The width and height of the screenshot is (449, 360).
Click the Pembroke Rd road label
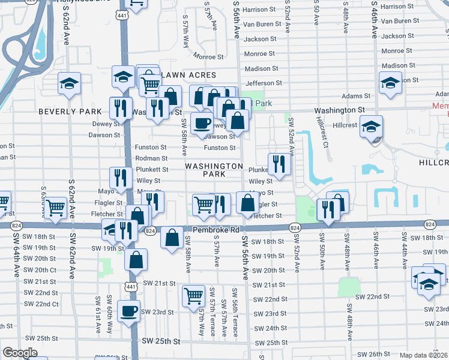point(216,230)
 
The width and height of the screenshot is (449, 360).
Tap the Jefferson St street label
point(264,83)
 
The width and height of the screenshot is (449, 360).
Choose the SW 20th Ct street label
point(40,270)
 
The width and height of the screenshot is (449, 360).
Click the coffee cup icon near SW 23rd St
point(128,311)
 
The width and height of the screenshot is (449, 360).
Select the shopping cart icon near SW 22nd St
point(193,295)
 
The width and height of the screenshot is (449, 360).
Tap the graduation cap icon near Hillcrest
point(372,126)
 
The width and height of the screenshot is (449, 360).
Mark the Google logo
point(20,353)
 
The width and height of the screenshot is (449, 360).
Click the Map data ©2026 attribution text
point(423,355)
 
